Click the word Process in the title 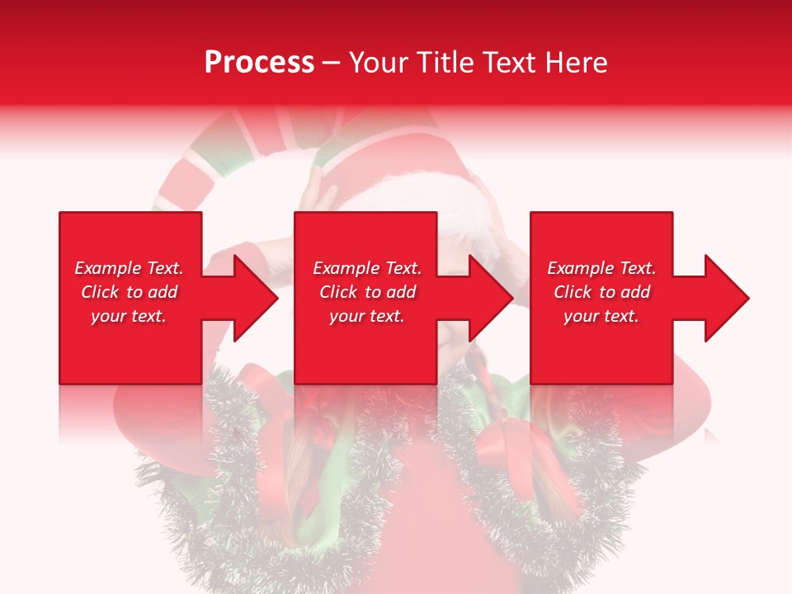pyautogui.click(x=259, y=63)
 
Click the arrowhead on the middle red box pyautogui.click(x=490, y=298)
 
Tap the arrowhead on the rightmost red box pyautogui.click(x=726, y=298)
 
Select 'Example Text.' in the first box pyautogui.click(x=129, y=268)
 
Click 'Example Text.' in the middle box pyautogui.click(x=367, y=268)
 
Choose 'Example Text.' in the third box pyautogui.click(x=601, y=268)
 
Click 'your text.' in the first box pyautogui.click(x=129, y=316)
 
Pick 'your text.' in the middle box pyautogui.click(x=367, y=316)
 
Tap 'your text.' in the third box pyautogui.click(x=601, y=316)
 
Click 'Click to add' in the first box pyautogui.click(x=129, y=292)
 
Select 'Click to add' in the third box pyautogui.click(x=601, y=292)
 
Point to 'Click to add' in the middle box pyautogui.click(x=367, y=292)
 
